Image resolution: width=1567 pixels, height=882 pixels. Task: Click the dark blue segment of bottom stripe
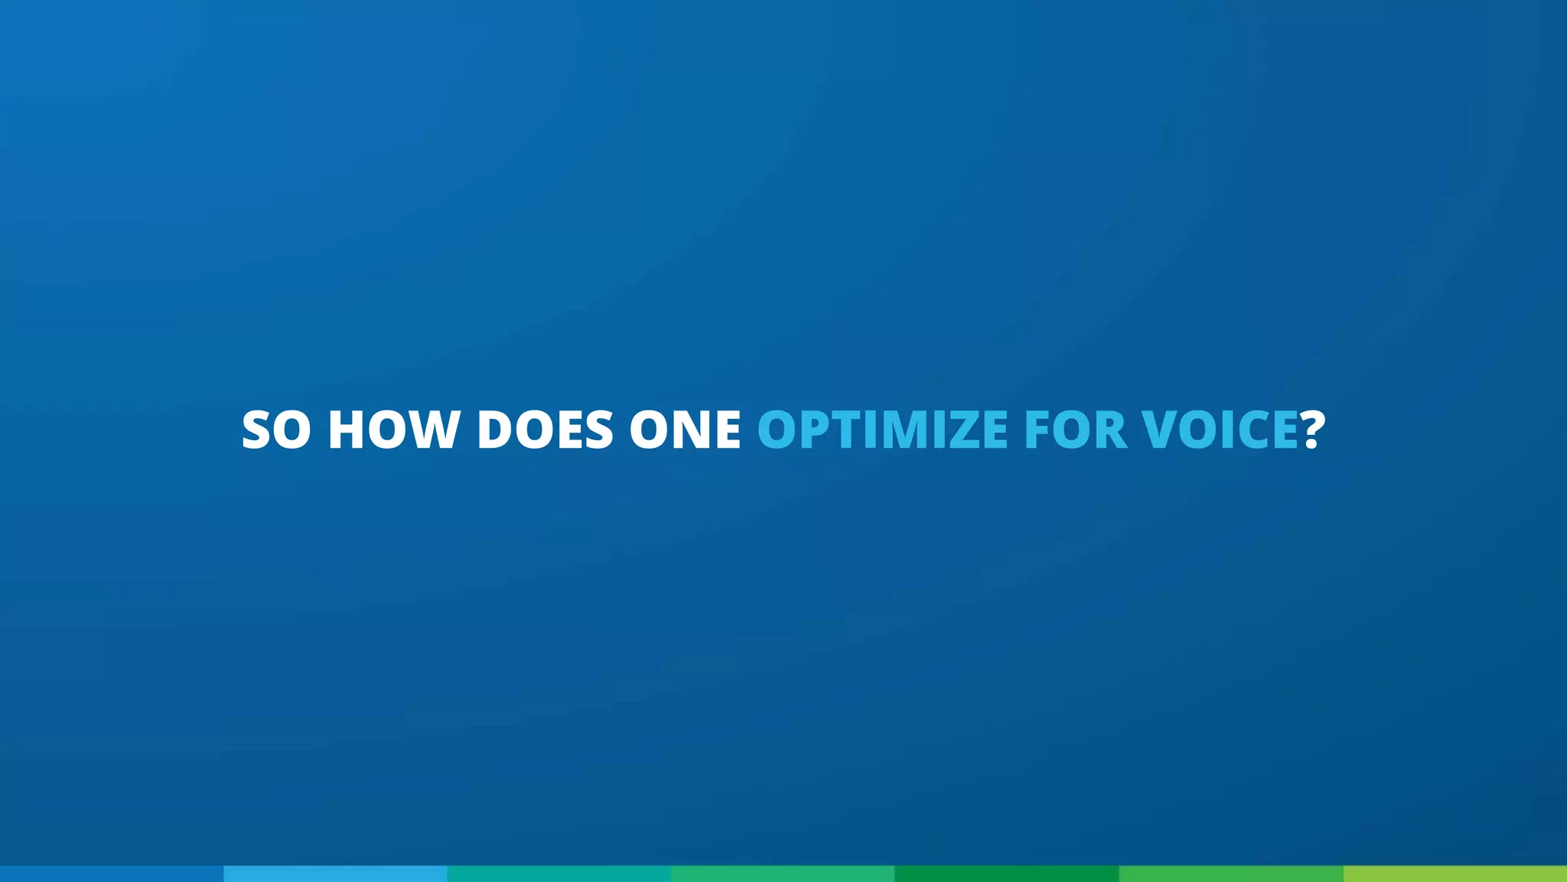pyautogui.click(x=112, y=874)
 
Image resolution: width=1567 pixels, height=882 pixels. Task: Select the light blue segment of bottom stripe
pyautogui.click(x=335, y=874)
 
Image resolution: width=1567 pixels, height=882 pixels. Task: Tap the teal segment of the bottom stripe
pyautogui.click(x=559, y=874)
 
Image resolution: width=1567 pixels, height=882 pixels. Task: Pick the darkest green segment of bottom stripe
pyautogui.click(x=1007, y=874)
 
